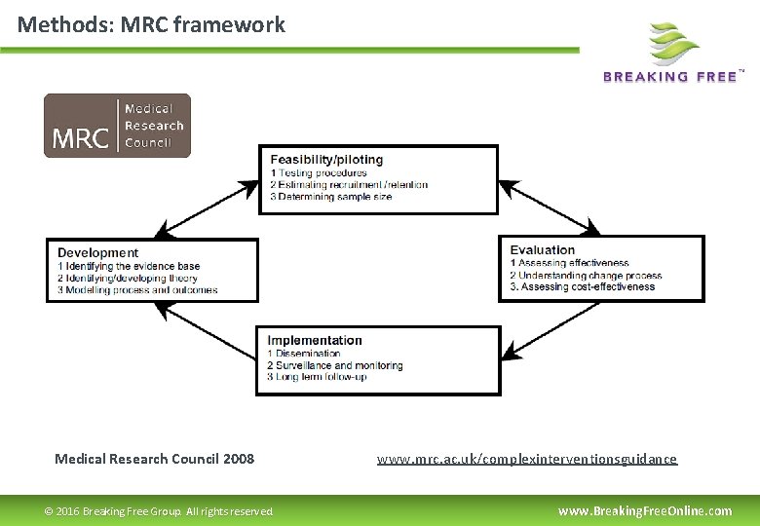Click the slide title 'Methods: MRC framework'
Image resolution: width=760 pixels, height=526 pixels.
point(151,24)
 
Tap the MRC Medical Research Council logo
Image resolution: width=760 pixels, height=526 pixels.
point(117,126)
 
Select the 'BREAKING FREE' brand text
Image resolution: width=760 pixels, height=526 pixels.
point(670,77)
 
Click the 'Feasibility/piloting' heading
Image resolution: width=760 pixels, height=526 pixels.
point(326,159)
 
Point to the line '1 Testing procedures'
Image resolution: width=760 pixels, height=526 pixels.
point(319,172)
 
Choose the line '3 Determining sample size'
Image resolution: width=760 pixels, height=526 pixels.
point(331,197)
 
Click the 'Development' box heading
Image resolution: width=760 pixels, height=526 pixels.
point(97,253)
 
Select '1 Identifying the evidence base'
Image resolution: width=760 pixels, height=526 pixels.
point(129,266)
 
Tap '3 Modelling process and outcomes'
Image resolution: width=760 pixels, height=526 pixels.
point(137,289)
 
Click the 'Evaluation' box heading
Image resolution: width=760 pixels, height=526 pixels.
point(543,250)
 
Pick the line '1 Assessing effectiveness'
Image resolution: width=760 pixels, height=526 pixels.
point(570,263)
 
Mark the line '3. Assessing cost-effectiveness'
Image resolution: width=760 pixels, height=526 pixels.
point(583,287)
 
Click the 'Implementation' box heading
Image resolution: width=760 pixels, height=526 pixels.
point(315,340)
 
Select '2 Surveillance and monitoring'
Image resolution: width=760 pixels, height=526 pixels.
point(335,365)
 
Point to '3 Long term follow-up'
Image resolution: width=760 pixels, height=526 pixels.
point(318,377)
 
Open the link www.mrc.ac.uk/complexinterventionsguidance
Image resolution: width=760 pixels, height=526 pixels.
point(526,459)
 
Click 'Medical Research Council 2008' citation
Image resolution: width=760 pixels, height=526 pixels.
point(154,459)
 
